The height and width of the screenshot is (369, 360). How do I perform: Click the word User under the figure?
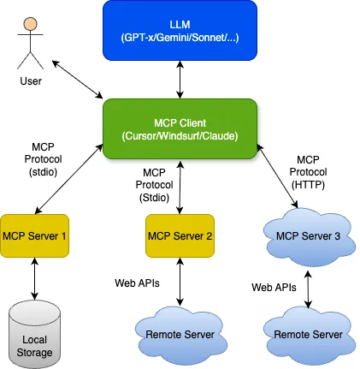click(31, 82)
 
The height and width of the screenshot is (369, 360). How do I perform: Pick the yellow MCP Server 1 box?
click(35, 235)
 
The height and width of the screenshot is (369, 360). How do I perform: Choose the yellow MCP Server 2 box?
click(180, 235)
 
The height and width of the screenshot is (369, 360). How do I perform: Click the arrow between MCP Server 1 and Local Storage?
click(35, 278)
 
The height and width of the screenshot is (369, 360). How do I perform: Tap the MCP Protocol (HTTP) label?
click(308, 171)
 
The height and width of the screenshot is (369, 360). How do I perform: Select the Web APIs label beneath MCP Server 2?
click(136, 282)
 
